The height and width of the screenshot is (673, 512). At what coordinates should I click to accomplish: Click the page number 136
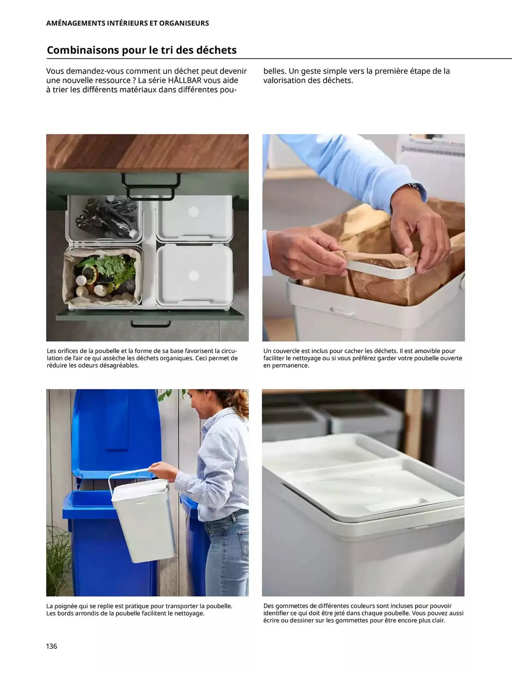[51, 646]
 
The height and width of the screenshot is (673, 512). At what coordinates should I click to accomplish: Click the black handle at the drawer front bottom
[150, 324]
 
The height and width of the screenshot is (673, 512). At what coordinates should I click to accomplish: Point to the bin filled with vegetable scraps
[103, 277]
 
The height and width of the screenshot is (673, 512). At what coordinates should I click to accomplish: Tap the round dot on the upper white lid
[193, 212]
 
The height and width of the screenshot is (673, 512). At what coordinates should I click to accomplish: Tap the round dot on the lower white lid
[193, 276]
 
